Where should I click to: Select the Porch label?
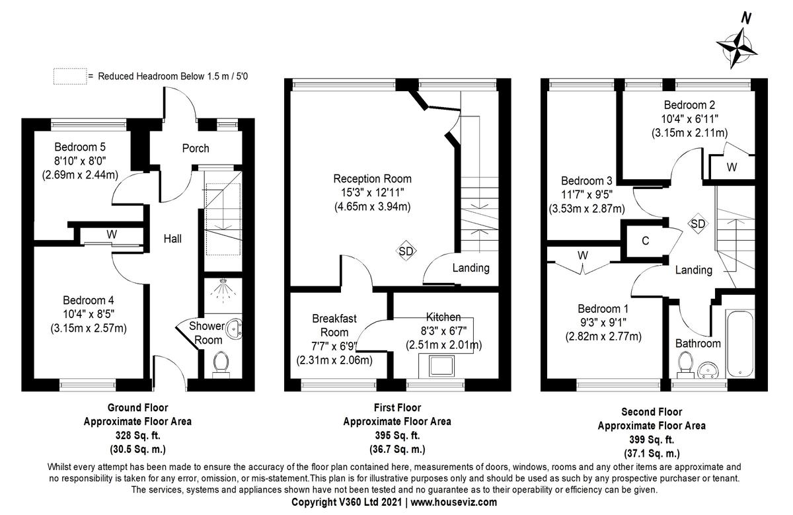coord(195,148)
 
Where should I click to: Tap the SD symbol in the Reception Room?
coord(406,251)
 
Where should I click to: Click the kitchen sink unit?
coord(441,366)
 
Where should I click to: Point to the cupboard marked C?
coord(645,241)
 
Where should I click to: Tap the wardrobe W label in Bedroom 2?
coord(732,167)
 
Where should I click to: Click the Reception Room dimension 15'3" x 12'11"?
coord(372,192)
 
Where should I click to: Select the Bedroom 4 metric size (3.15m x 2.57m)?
coord(89,327)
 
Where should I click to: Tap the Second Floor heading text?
coord(651,412)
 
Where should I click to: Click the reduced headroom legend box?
coord(69,76)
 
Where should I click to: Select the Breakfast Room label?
coord(334,325)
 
